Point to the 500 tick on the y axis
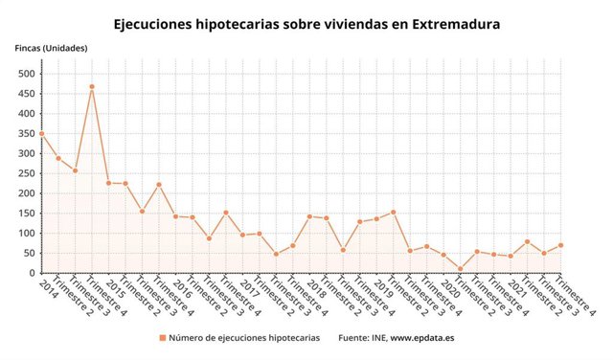pos(26,74)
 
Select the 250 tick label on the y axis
pos(26,173)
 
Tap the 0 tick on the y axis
pos(32,273)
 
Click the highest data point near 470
pos(92,86)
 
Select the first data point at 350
pos(41,134)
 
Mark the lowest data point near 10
pos(461,269)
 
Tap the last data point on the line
pos(561,245)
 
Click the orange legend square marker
pos(163,339)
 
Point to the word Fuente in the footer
pos(356,339)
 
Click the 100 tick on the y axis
pos(26,234)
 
